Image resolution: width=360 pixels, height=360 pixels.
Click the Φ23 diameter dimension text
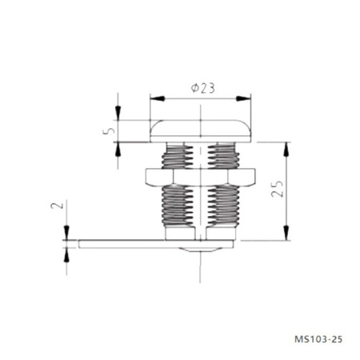pos(202,88)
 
